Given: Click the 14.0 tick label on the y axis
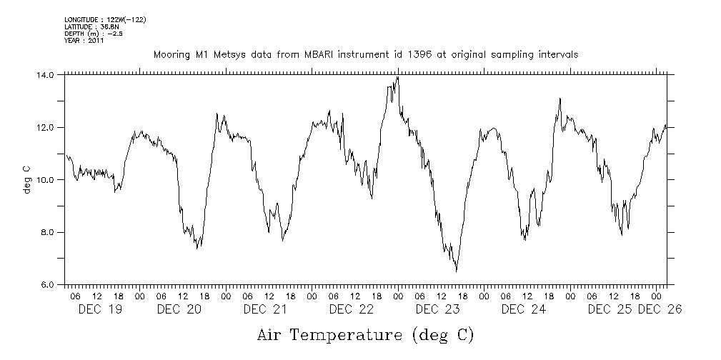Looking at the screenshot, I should point(45,74).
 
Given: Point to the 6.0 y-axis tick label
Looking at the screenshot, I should point(47,284).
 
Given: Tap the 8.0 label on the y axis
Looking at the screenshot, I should point(47,232).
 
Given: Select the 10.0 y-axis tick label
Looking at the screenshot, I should point(45,179).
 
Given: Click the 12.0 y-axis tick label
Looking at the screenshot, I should point(45,127).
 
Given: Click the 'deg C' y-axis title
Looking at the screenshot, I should point(28,179).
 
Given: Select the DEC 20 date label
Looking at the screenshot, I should point(179,309).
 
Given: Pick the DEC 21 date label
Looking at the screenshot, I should point(265,309).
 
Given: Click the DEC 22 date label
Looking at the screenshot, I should point(352,309).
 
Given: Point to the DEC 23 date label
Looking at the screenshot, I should point(437,309).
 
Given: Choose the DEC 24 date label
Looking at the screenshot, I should point(524,309).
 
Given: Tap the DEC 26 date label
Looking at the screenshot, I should point(660,309).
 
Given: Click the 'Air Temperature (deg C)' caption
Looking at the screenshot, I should point(365,335).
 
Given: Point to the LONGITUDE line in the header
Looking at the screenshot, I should point(105,19).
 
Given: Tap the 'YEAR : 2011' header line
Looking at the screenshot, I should point(84,41).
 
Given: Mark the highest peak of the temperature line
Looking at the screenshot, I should point(397,77).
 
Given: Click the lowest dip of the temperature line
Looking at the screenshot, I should point(456,271).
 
